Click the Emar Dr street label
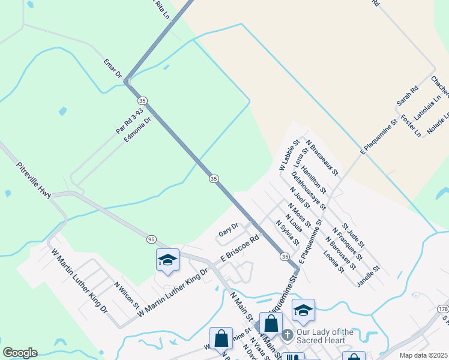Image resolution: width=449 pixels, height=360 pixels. tap(112, 69)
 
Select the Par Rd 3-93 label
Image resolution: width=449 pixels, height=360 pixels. tap(129, 121)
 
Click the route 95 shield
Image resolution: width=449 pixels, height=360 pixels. tap(151, 239)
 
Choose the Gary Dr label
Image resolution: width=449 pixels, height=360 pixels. tap(228, 229)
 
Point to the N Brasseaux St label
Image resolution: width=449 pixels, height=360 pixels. tap(322, 158)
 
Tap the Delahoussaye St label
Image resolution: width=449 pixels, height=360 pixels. tap(309, 190)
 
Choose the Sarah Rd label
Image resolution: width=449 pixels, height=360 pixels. tap(406, 96)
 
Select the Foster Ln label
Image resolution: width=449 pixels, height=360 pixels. tap(411, 125)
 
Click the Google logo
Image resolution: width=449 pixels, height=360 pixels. tap(20, 353)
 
